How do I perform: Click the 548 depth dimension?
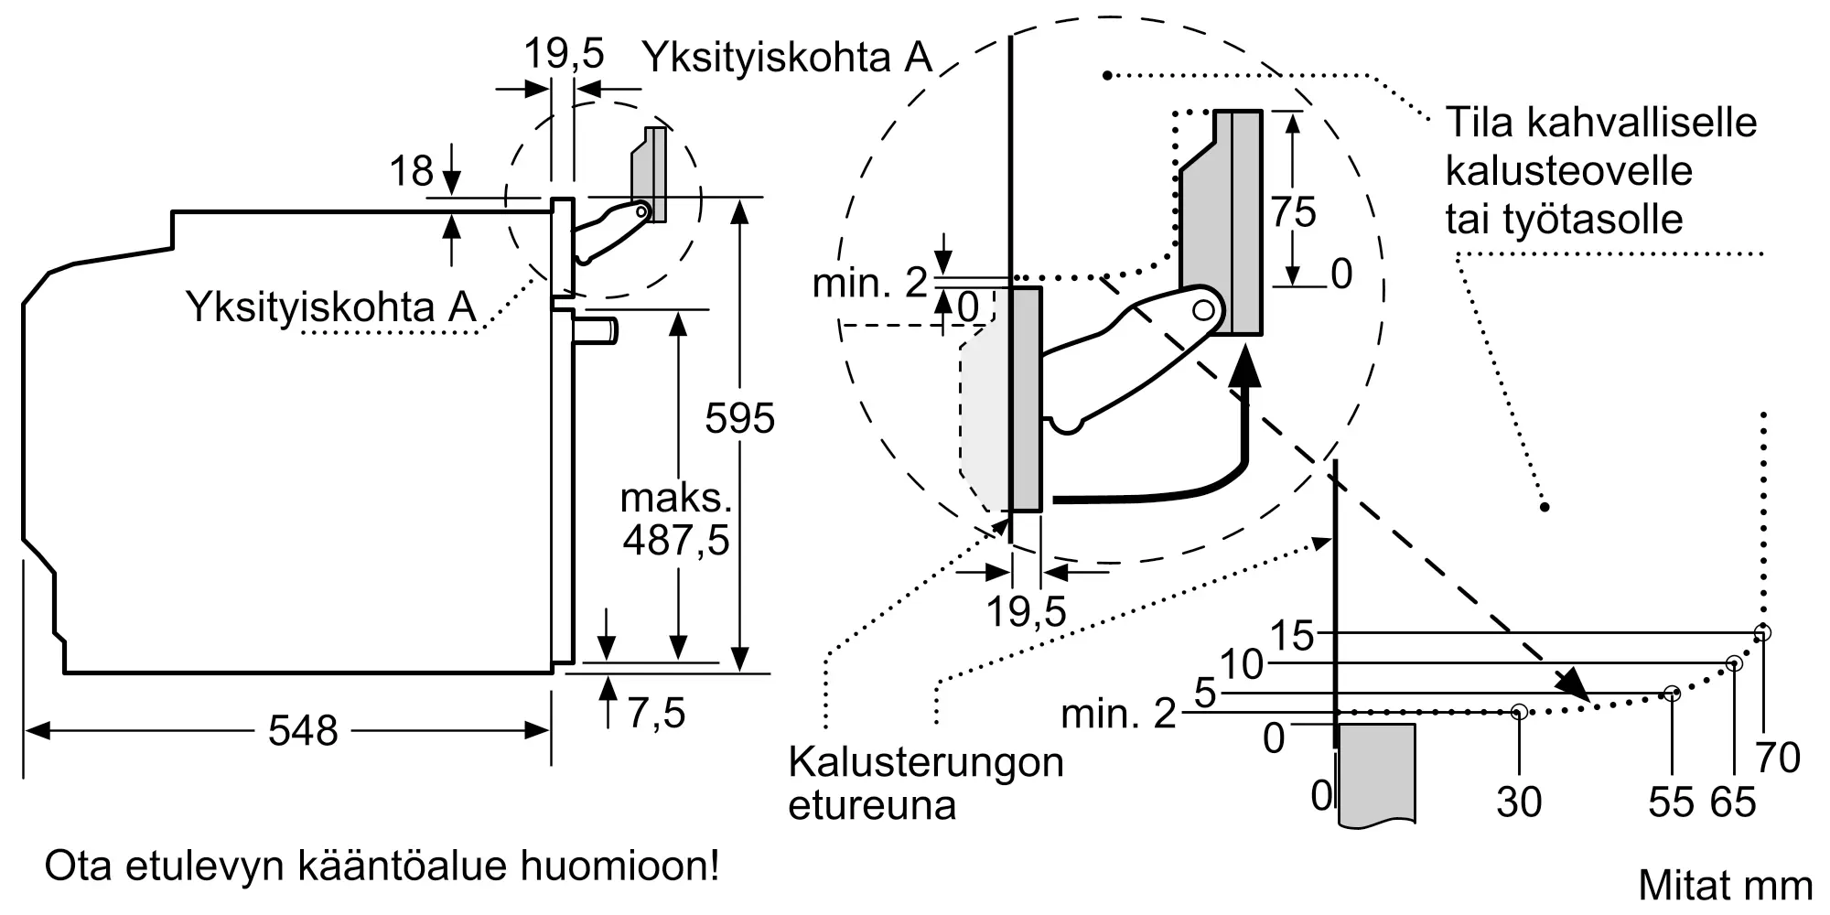click(303, 731)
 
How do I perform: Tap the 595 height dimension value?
click(739, 419)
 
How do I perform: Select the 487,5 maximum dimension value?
click(676, 541)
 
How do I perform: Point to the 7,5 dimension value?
click(656, 713)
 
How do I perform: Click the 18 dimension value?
click(411, 172)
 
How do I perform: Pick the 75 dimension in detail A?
click(1293, 212)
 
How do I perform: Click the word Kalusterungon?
click(926, 762)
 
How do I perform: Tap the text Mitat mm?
click(1725, 885)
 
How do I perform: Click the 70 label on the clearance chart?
click(1778, 758)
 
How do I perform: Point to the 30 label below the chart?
click(1519, 802)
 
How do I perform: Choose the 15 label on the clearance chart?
click(1292, 635)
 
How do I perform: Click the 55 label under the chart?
click(1671, 802)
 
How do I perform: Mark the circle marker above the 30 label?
click(1519, 711)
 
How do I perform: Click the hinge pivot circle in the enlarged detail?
click(1204, 310)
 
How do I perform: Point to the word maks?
click(676, 499)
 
